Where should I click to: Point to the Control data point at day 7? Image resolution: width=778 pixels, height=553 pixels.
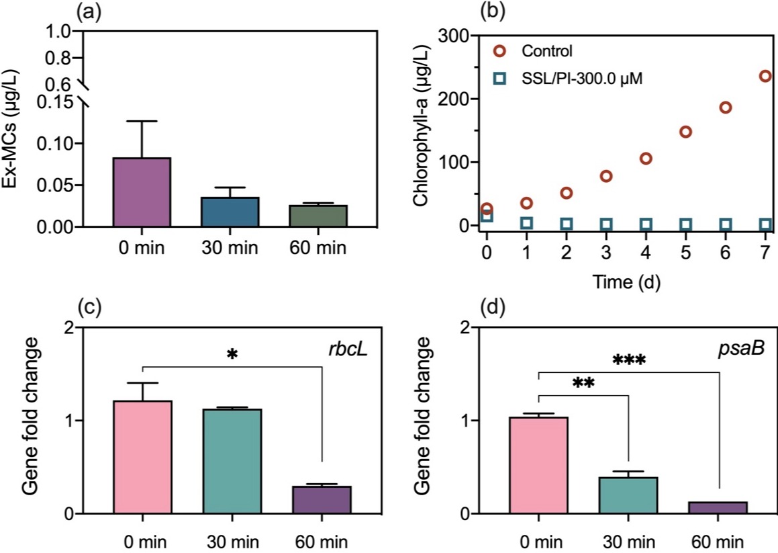(764, 76)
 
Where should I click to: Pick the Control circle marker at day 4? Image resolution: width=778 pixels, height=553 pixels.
(646, 159)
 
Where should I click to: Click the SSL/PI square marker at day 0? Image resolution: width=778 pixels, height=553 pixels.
(487, 216)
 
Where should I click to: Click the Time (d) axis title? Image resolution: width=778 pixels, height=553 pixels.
(626, 283)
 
